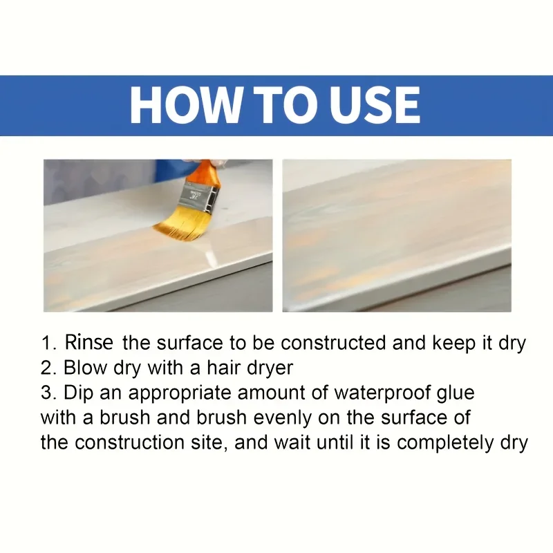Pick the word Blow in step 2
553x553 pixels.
(84, 368)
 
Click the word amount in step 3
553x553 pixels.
(273, 393)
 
